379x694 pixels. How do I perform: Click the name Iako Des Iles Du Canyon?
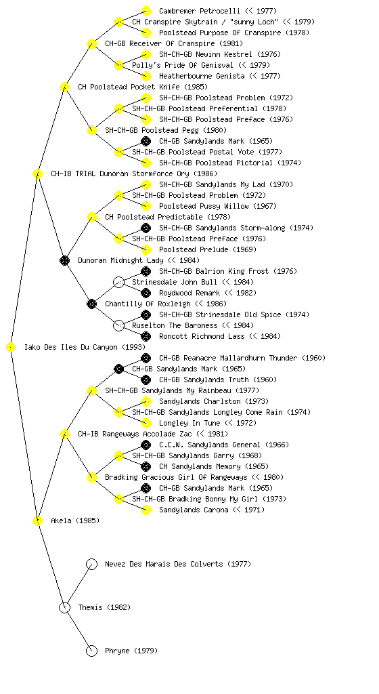tap(71, 347)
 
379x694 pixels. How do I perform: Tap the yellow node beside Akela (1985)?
tap(37, 520)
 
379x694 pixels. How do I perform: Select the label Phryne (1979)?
tap(131, 651)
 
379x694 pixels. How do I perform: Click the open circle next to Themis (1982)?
tap(64, 607)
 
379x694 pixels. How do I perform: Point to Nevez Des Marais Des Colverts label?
tap(164, 564)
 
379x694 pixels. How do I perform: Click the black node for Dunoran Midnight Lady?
tap(64, 260)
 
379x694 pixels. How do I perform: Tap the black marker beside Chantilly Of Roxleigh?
tap(91, 304)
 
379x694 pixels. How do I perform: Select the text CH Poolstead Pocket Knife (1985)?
tap(143, 87)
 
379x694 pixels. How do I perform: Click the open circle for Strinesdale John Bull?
tap(118, 282)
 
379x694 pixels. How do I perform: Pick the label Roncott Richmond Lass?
tap(202, 336)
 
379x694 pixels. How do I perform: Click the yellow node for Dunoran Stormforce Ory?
tap(37, 173)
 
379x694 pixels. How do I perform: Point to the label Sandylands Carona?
tap(194, 510)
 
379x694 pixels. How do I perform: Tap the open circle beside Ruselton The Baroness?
tap(118, 325)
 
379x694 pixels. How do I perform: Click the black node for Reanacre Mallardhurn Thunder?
tap(146, 358)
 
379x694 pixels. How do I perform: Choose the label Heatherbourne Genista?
tap(202, 76)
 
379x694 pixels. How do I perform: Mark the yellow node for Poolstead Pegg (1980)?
tap(91, 130)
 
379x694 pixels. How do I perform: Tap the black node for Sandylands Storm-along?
tap(146, 228)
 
